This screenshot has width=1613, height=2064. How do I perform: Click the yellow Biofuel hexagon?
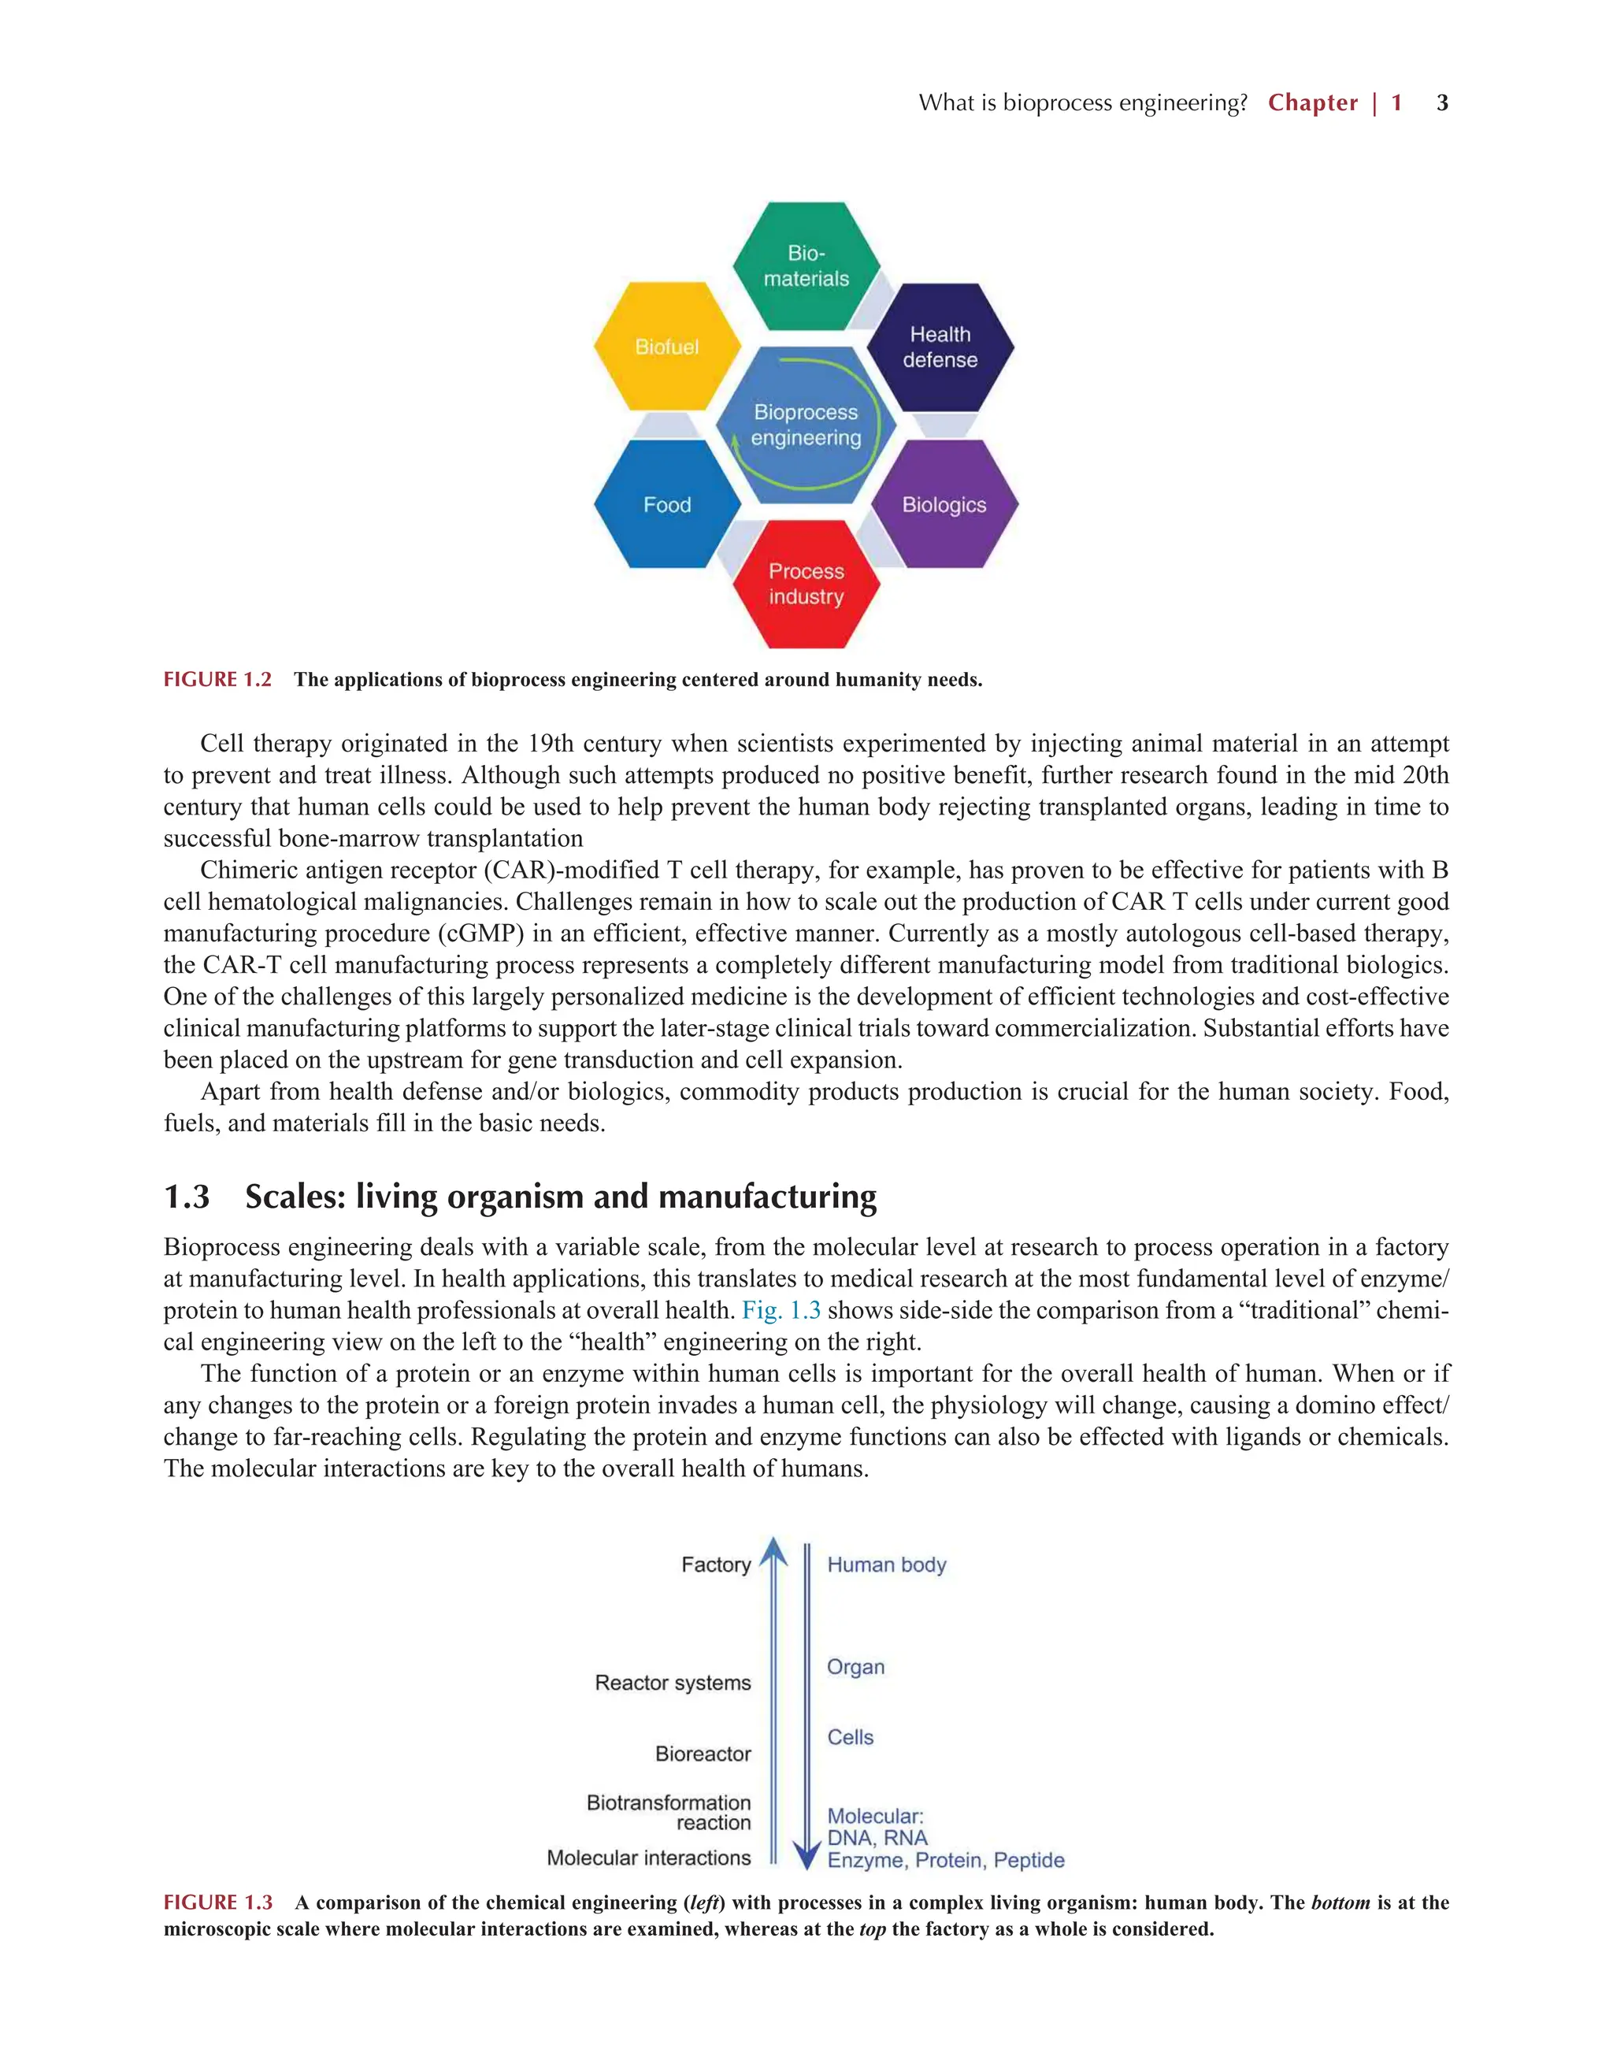[x=666, y=347]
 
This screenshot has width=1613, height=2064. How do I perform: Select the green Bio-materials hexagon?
[x=806, y=266]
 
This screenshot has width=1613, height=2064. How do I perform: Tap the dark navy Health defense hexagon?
[x=940, y=347]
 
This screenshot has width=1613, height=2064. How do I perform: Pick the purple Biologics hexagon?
[x=944, y=505]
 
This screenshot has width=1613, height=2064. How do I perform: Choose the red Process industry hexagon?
[x=806, y=584]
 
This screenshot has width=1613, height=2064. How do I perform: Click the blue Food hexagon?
[x=667, y=505]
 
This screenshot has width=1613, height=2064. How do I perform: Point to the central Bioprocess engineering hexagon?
[x=806, y=425]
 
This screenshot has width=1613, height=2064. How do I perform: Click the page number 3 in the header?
[x=1442, y=103]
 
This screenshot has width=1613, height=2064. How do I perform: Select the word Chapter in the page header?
[x=1312, y=103]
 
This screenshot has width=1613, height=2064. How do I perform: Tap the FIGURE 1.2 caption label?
[x=217, y=680]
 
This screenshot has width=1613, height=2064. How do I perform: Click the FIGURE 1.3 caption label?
[x=218, y=1903]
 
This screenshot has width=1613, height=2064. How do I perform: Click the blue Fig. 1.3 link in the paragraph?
[x=781, y=1310]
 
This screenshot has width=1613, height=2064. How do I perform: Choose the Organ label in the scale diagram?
[x=856, y=1667]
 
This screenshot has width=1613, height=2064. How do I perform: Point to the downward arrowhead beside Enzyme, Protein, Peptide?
[x=806, y=1856]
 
